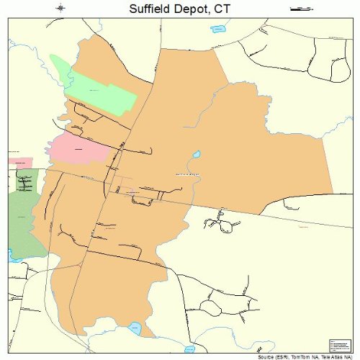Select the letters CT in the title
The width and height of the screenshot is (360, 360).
228,9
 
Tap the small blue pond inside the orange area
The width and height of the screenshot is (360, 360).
196,155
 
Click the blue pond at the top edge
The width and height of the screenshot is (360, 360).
217,30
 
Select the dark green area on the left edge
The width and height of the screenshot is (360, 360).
25,216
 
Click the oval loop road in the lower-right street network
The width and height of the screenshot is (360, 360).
230,225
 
